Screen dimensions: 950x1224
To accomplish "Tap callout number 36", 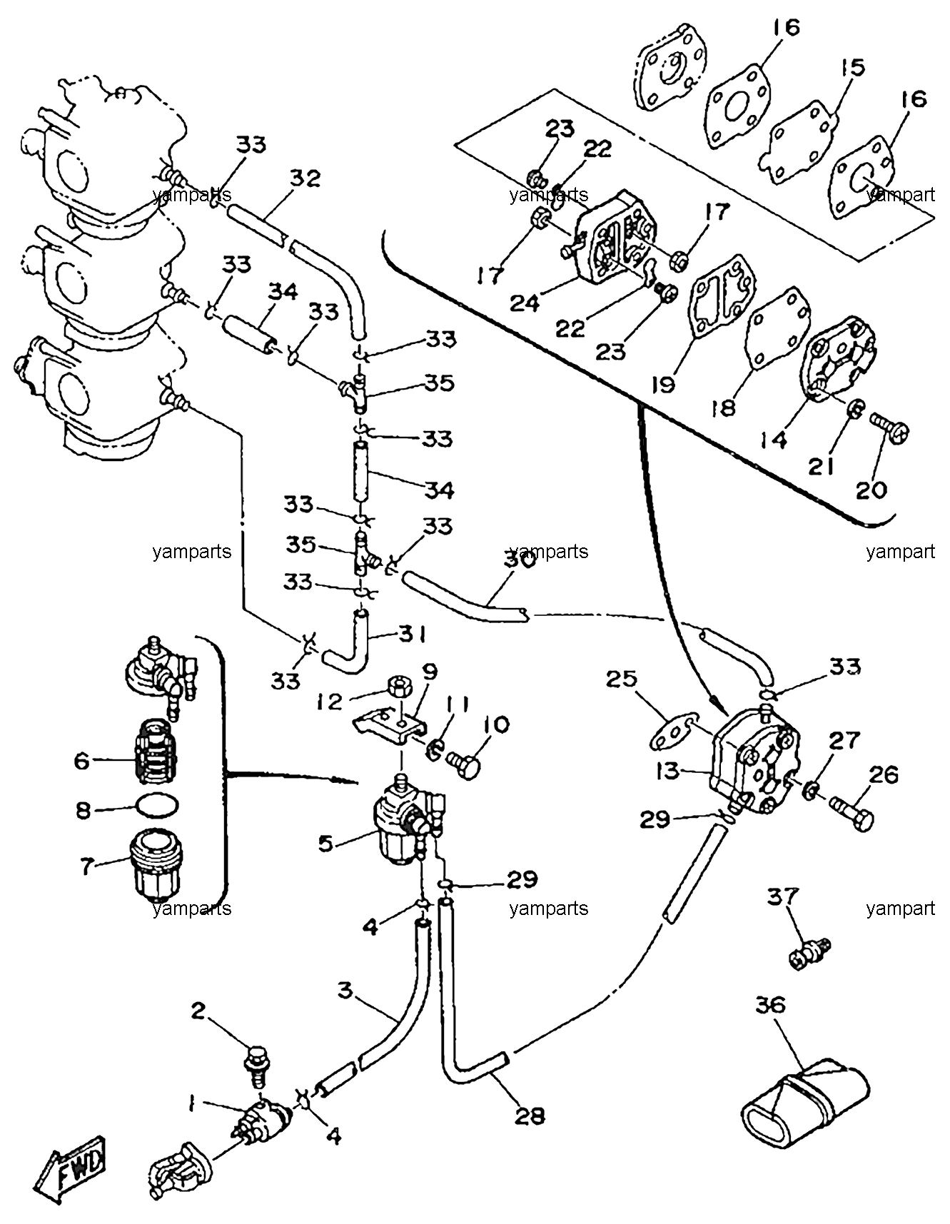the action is [770, 1006].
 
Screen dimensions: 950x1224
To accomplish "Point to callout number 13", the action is [668, 772].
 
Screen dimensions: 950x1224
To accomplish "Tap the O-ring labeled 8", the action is [157, 808].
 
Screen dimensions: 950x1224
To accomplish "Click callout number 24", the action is [524, 303].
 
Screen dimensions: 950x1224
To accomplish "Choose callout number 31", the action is [412, 634].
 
